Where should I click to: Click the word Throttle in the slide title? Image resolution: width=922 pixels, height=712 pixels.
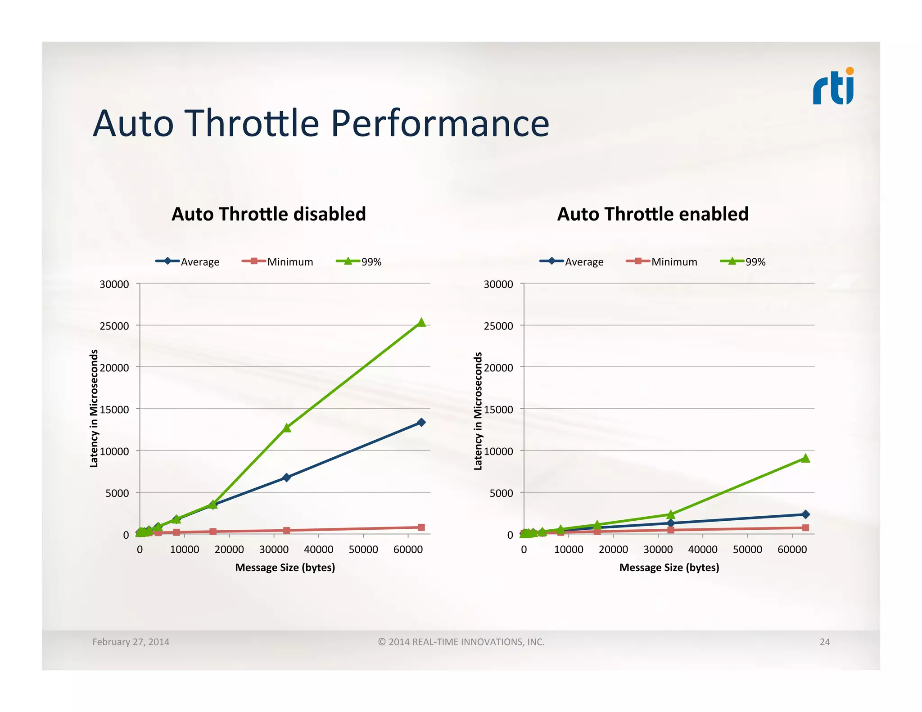tap(252, 123)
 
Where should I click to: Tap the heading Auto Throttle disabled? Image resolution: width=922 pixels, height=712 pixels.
tap(269, 214)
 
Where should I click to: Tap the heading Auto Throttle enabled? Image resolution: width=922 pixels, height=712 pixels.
tap(653, 214)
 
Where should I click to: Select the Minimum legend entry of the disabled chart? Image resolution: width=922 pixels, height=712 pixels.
tap(278, 261)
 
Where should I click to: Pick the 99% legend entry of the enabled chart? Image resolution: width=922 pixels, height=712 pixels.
tap(743, 261)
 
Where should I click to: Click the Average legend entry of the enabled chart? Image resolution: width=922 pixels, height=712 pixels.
tap(572, 261)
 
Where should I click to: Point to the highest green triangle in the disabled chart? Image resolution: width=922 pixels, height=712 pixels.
tap(421, 322)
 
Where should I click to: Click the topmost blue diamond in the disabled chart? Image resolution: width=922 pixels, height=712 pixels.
tap(421, 422)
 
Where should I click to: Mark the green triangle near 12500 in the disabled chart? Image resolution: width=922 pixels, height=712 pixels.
tap(287, 428)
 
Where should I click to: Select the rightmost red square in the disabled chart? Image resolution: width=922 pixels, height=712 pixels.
tap(421, 527)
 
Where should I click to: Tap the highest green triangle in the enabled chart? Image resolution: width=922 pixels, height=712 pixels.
tap(805, 458)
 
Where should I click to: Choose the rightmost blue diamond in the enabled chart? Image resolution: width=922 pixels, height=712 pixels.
tap(805, 514)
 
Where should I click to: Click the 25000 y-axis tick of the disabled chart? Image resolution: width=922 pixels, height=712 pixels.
tap(114, 326)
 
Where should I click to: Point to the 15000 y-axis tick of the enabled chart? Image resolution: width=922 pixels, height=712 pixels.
tap(498, 410)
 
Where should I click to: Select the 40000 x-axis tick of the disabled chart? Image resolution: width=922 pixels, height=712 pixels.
tap(318, 550)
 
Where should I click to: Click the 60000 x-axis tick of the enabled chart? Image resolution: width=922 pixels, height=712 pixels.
tap(792, 550)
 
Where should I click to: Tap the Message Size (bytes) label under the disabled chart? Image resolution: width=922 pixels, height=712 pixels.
tap(285, 568)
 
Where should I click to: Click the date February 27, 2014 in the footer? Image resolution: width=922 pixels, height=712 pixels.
tap(131, 642)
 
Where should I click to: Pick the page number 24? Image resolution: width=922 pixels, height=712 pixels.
tap(824, 642)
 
